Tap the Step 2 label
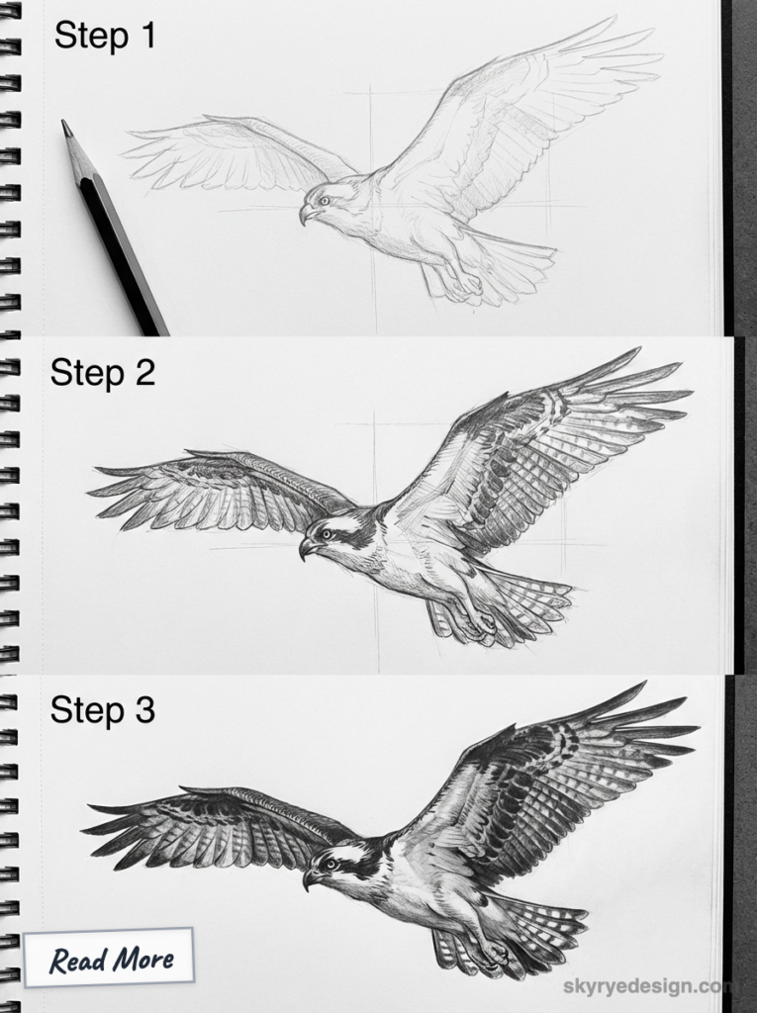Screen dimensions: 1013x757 click(x=103, y=374)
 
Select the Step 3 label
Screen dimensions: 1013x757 click(x=103, y=710)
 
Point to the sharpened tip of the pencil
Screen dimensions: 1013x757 click(x=66, y=126)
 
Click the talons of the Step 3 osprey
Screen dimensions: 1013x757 click(x=490, y=955)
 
